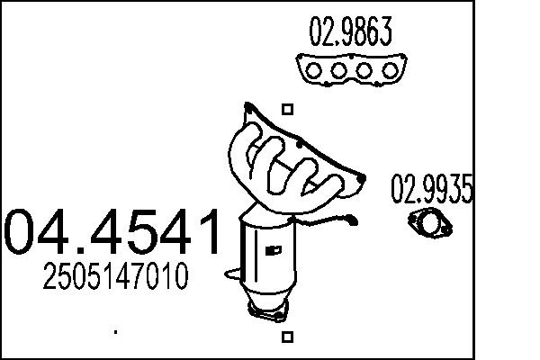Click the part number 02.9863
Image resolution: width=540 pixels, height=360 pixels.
coord(350,34)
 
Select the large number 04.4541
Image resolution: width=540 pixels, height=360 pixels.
coord(112,231)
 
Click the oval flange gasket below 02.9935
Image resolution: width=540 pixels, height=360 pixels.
coord(428,221)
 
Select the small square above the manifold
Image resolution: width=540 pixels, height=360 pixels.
coord(287,110)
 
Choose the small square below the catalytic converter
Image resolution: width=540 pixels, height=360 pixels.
coord(287,337)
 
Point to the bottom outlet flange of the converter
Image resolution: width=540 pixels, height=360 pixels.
coord(267,311)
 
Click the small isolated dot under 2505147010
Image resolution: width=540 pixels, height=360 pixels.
coord(115,332)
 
